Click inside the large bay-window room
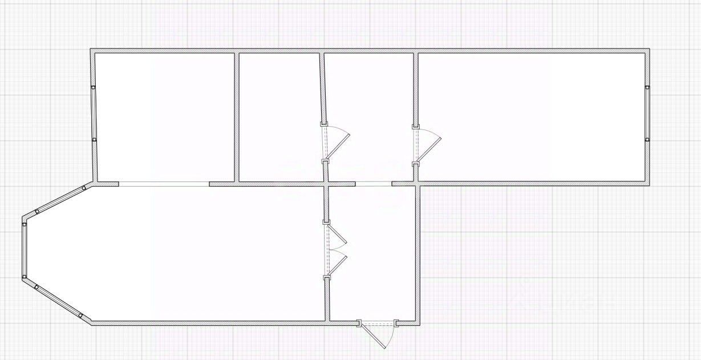[x=188, y=254]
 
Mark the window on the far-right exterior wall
[x=647, y=113]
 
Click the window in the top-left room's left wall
[x=94, y=114]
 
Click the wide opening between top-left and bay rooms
[x=164, y=184]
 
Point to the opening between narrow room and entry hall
[x=374, y=184]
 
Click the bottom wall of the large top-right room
[x=533, y=184]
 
